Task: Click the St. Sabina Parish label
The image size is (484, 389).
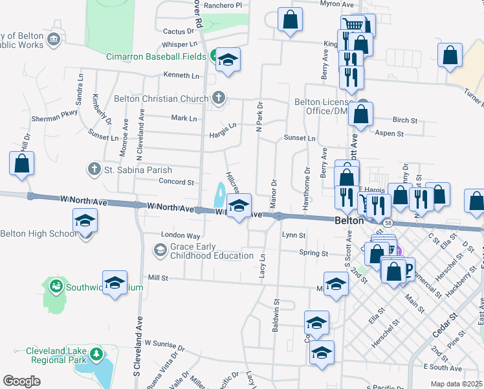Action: (x=137, y=170)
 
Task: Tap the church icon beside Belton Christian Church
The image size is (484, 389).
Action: (x=219, y=99)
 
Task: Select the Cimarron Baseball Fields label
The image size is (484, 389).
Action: (x=157, y=56)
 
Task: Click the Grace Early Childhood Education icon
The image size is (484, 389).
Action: (x=159, y=250)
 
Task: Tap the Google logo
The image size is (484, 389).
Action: (x=21, y=381)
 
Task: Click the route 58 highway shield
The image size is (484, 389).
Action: (x=387, y=222)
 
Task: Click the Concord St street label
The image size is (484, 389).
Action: (x=176, y=182)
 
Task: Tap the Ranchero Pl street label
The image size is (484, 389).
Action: (x=222, y=5)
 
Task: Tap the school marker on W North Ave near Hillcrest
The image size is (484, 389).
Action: (x=239, y=207)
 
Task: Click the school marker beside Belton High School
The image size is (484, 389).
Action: (x=85, y=221)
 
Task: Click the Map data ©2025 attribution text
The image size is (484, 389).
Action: (x=457, y=384)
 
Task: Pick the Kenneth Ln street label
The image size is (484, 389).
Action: (x=182, y=76)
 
